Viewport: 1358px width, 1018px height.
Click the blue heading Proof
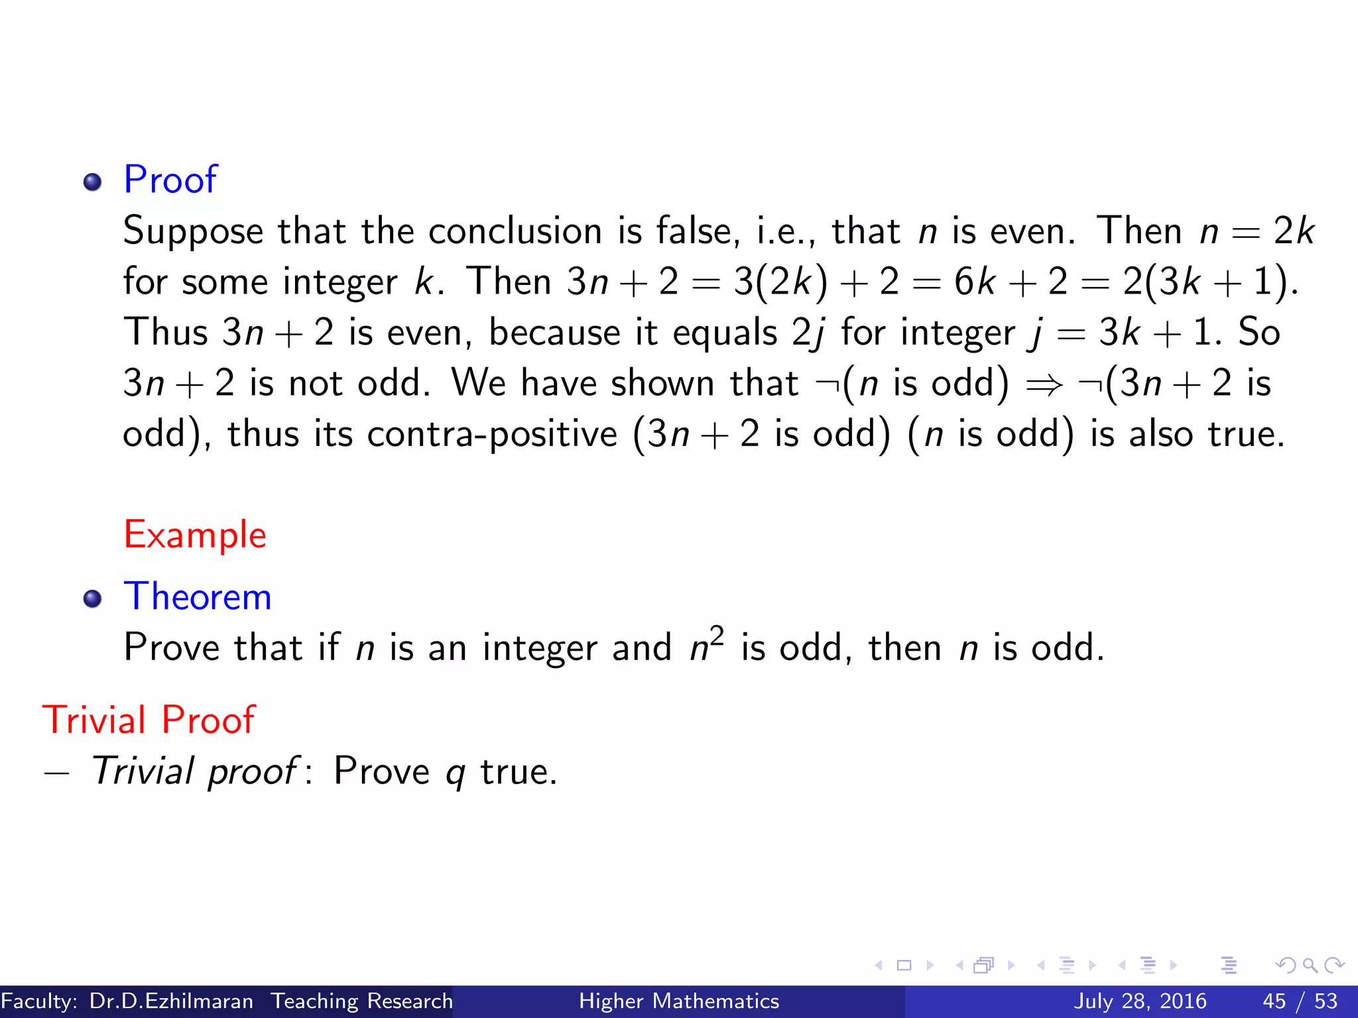tap(170, 180)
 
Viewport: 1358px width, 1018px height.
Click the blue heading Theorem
tap(198, 596)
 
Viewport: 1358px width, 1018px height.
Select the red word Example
tap(195, 535)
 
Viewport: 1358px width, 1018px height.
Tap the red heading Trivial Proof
tap(149, 720)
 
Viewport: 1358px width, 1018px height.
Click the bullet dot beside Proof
tap(93, 182)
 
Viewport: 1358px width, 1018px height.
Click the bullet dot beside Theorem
tap(93, 599)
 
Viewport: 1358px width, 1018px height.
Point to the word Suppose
tap(193, 232)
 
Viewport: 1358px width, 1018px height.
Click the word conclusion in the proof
tap(515, 231)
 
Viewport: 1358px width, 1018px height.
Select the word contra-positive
tap(492, 435)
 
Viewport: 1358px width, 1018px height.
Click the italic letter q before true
tap(455, 773)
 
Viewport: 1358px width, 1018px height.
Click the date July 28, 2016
tap(1140, 1001)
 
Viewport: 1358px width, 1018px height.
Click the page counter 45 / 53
tap(1300, 1001)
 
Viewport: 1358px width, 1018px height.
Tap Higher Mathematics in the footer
tap(679, 1001)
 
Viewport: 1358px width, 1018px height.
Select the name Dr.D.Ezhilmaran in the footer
tap(171, 1001)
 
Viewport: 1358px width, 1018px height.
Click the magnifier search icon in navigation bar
tap(1310, 965)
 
